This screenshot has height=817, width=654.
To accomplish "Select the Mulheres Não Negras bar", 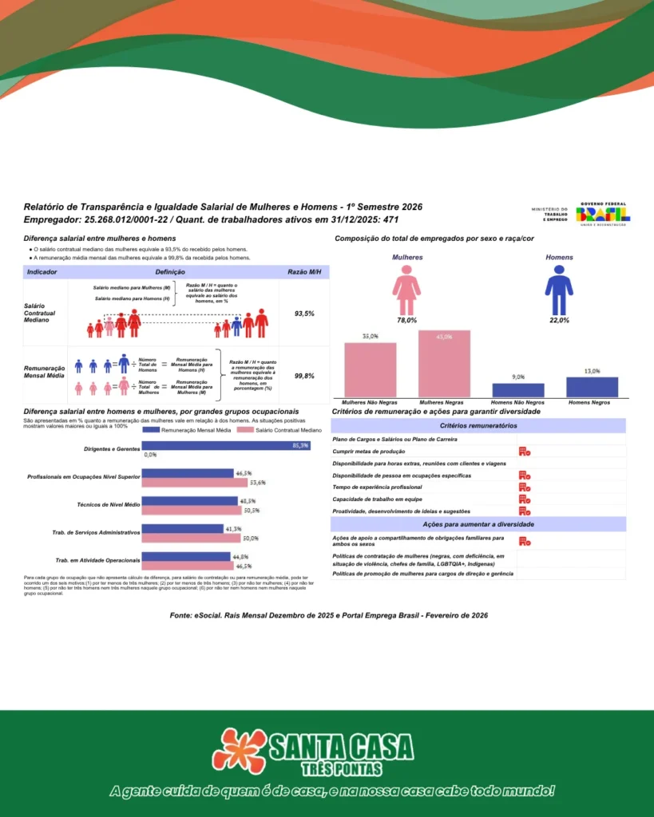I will pyautogui.click(x=370, y=369).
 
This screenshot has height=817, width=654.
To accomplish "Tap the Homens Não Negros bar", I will pyautogui.click(x=518, y=390).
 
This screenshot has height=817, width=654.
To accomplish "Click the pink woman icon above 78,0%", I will pyautogui.click(x=406, y=290).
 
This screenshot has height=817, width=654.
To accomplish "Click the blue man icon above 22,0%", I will pyautogui.click(x=559, y=290).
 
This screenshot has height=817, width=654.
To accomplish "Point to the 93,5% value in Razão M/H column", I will pyautogui.click(x=304, y=314).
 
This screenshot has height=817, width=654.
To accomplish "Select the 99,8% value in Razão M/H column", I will pyautogui.click(x=304, y=376).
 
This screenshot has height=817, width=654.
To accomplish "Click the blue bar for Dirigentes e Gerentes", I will pyautogui.click(x=225, y=445).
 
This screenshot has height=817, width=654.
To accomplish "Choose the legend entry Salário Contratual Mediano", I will pyautogui.click(x=282, y=429).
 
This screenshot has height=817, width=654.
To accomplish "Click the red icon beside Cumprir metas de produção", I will pyautogui.click(x=524, y=452).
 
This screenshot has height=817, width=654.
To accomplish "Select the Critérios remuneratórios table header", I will pyautogui.click(x=478, y=427).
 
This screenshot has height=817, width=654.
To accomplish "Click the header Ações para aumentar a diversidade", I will pyautogui.click(x=478, y=524).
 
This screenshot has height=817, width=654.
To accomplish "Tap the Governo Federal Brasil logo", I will pyautogui.click(x=603, y=213).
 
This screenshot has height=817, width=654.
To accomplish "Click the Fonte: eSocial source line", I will pyautogui.click(x=329, y=615).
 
